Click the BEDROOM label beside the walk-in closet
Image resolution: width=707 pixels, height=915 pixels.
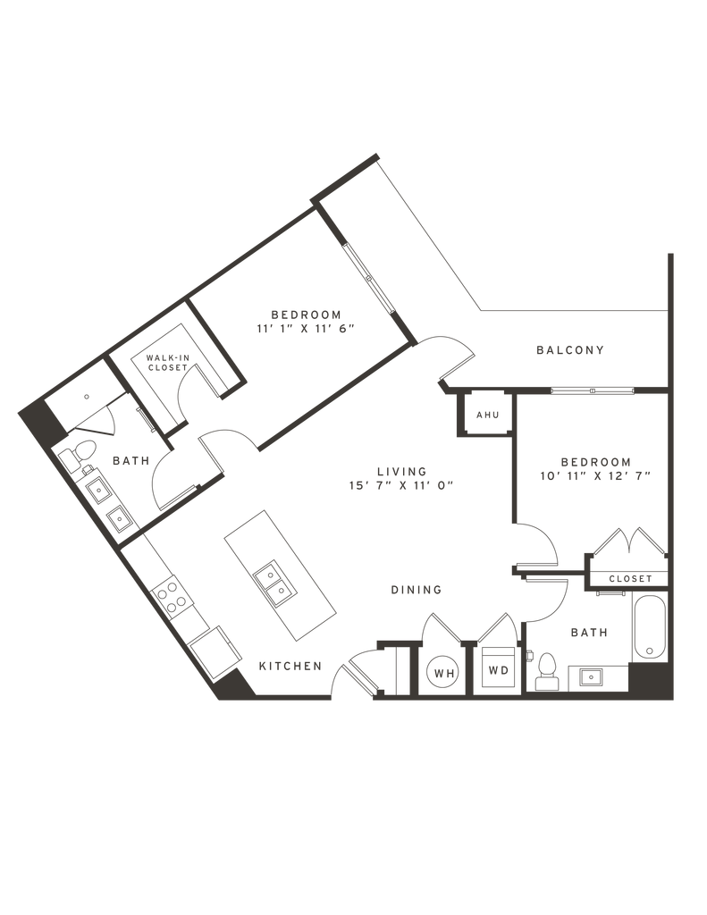coord(306,314)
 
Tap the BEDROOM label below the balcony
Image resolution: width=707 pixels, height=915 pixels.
coord(596,462)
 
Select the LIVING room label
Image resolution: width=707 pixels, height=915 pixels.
coord(401,471)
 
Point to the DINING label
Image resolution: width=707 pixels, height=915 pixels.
coord(416,590)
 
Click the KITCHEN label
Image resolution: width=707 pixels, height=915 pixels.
coord(289,667)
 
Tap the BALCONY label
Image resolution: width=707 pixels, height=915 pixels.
coord(570,349)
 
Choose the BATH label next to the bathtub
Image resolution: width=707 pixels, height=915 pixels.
coord(588,631)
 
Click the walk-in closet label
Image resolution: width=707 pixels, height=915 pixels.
coord(169,361)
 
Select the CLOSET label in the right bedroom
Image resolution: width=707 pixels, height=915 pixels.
coord(630,579)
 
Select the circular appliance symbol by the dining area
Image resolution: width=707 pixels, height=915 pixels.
coord(440,670)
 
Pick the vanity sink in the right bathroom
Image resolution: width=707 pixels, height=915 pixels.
coord(590,676)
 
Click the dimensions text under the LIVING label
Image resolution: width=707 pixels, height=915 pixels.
coord(401,487)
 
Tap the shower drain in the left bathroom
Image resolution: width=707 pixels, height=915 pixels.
coord(87,394)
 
